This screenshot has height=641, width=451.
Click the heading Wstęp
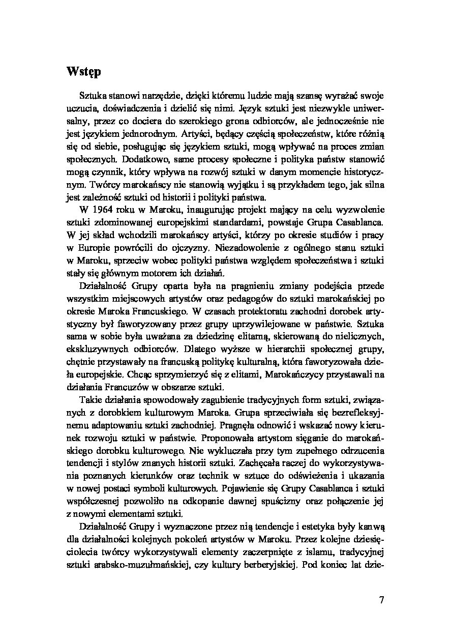click(83, 72)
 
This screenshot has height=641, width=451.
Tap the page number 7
click(381, 599)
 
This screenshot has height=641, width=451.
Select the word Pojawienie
click(247, 487)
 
